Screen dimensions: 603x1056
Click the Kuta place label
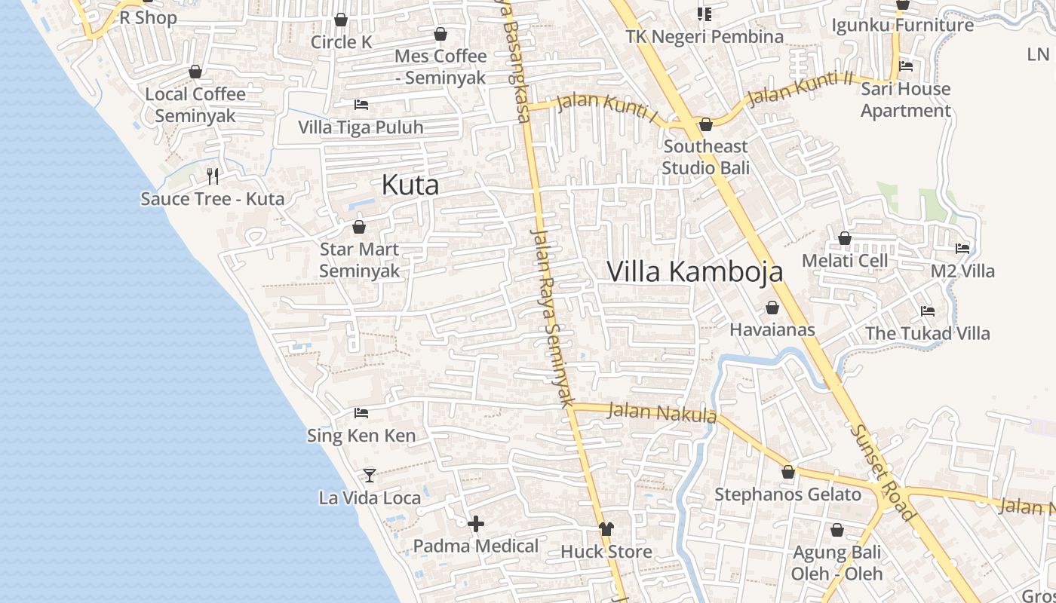(x=410, y=185)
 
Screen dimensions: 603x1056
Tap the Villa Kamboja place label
(x=695, y=271)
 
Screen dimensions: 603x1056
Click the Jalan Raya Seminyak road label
(x=552, y=317)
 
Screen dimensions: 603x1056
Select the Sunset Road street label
(x=882, y=473)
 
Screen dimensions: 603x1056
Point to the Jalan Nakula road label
(x=662, y=412)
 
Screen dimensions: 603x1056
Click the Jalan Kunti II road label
(x=800, y=88)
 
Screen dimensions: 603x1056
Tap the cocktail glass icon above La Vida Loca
(x=370, y=475)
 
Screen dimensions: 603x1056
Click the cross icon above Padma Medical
(x=476, y=524)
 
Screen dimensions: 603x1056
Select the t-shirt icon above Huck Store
(x=606, y=528)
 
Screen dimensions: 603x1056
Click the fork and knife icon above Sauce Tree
(x=213, y=176)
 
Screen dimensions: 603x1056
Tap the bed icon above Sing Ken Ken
(x=361, y=413)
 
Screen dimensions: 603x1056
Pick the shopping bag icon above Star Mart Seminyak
(x=359, y=227)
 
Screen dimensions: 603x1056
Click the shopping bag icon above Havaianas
(x=772, y=308)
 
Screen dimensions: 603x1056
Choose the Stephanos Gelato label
(x=787, y=494)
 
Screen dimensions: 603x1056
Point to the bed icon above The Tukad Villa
(x=928, y=311)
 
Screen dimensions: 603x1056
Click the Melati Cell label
(x=845, y=261)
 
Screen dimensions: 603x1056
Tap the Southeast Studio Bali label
(x=706, y=157)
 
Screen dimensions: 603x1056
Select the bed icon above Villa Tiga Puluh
(x=361, y=104)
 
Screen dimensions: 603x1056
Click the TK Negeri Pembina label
(x=705, y=36)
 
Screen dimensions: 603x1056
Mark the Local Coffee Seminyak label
(x=195, y=105)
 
